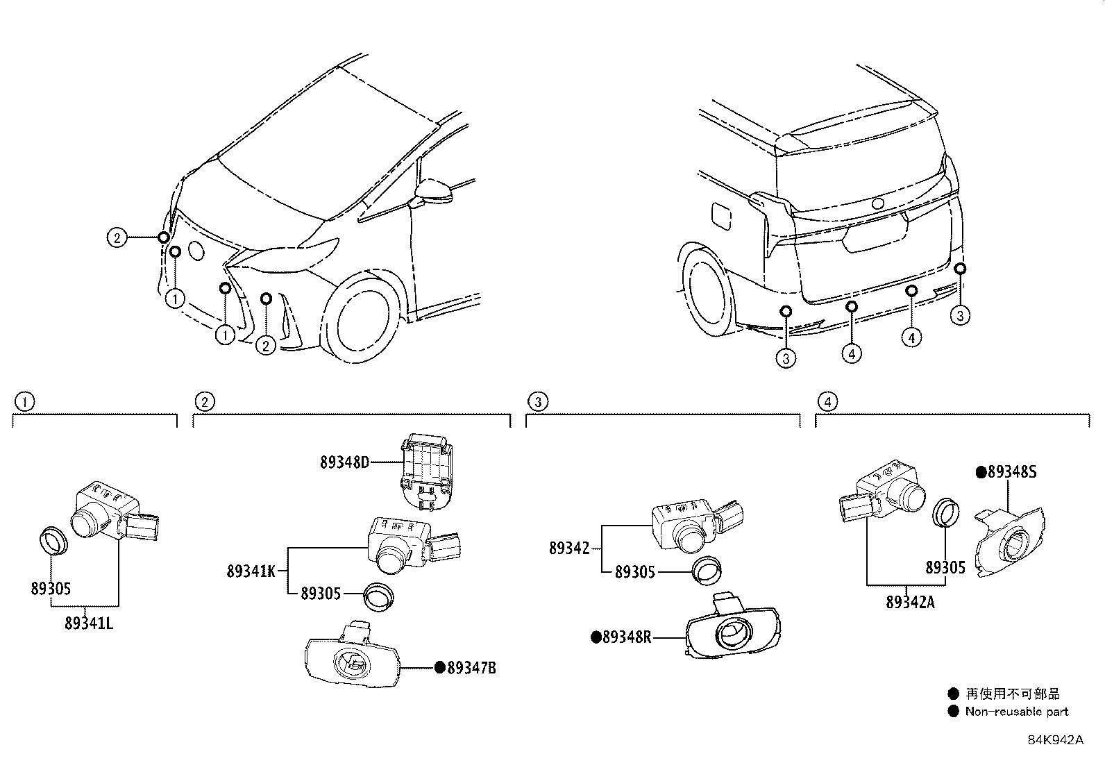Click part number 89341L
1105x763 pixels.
[x=89, y=623]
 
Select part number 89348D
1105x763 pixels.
[x=344, y=462]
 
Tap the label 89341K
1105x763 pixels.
[x=251, y=571]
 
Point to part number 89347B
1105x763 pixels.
[x=471, y=668]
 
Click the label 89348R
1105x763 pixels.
[x=627, y=637]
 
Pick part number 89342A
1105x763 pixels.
[x=910, y=602]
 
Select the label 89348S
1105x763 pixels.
[x=1012, y=472]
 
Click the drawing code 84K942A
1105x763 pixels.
[x=1055, y=740]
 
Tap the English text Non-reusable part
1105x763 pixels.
[x=1016, y=712]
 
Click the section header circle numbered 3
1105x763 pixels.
[x=537, y=401]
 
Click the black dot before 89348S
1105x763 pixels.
[x=981, y=472]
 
